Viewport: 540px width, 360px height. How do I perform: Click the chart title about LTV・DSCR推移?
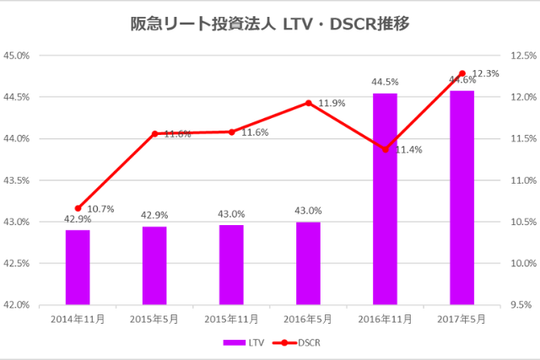pos(271,23)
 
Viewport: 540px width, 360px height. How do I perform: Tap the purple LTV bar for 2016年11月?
pos(385,199)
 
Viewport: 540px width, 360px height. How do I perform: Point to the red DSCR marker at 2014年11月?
pos(78,208)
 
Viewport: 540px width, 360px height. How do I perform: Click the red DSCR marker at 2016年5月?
pos(308,103)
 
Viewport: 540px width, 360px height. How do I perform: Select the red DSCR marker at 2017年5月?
pos(462,73)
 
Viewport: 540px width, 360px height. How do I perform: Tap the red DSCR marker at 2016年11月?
pos(385,149)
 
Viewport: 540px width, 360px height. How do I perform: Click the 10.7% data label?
pos(101,208)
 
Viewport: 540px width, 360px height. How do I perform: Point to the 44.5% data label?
pos(385,82)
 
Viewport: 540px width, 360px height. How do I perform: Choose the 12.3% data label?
pos(486,73)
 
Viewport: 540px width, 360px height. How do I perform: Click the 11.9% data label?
pos(332,103)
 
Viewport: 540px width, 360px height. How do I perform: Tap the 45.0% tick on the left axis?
pos(18,56)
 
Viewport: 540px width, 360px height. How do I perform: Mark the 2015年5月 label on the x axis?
pos(154,320)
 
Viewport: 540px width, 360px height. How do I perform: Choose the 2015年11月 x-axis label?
pos(231,320)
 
